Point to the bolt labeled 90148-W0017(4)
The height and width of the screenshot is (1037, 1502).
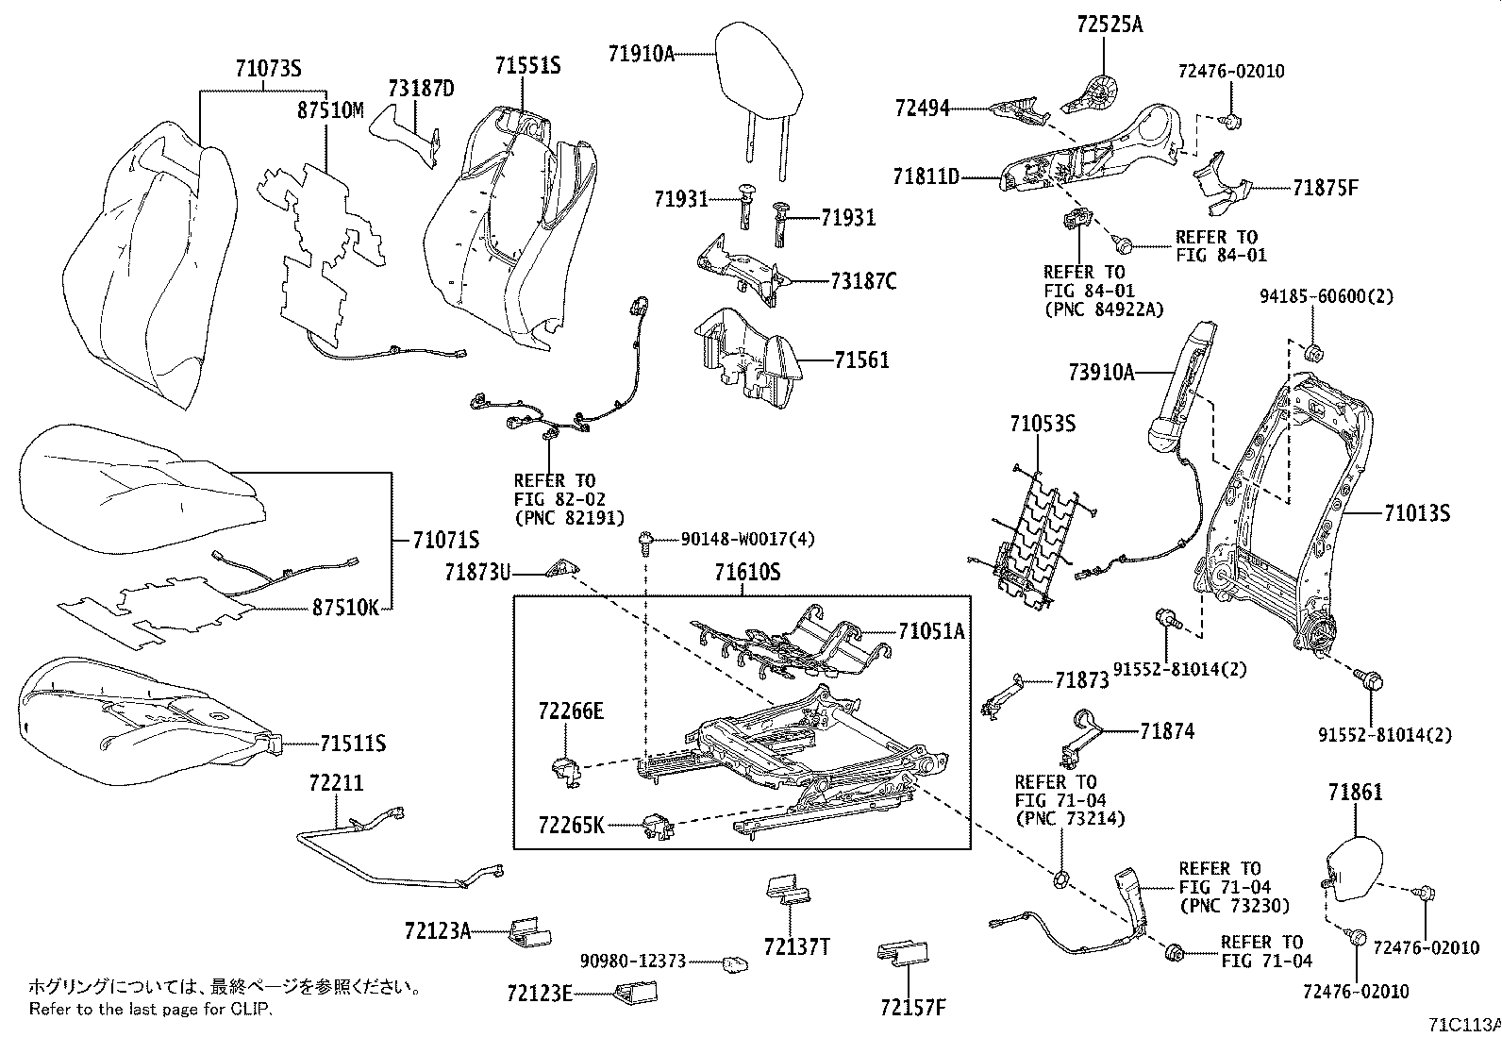[x=645, y=542]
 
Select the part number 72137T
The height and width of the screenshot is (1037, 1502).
[x=797, y=945]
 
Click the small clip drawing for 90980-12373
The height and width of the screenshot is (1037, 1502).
[x=735, y=963]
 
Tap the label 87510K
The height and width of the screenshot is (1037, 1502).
[x=345, y=608]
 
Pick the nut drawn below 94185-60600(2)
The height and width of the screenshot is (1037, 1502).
[x=1311, y=354]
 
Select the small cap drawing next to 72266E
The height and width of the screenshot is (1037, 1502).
[x=563, y=768]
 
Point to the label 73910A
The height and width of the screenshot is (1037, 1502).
[x=1101, y=372]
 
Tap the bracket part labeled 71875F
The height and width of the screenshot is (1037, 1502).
[x=1220, y=184]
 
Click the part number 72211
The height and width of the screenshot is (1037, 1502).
[x=336, y=782]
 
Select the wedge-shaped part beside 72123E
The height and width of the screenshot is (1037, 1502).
[x=639, y=992]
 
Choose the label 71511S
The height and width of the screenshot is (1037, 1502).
[x=352, y=744]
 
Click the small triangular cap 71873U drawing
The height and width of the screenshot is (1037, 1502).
[x=564, y=568]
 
